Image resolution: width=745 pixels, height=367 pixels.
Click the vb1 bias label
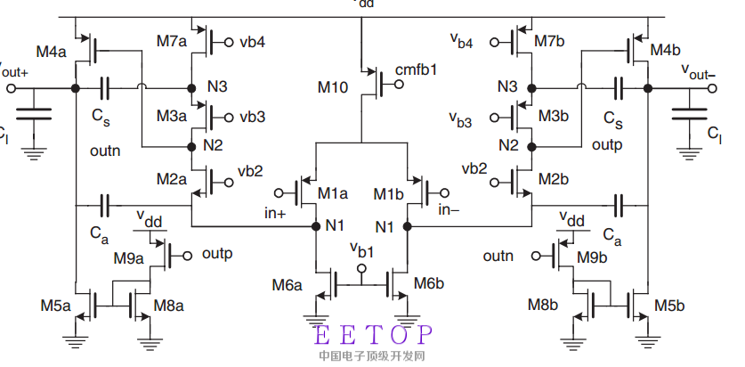point(362,248)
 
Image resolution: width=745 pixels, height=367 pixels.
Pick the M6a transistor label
point(287,285)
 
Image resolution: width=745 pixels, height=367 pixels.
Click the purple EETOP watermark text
point(374,336)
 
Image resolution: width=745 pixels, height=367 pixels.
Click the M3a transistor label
point(172,117)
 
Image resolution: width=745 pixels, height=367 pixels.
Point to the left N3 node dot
point(191,88)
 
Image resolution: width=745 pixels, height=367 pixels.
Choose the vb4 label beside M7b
point(461,41)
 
